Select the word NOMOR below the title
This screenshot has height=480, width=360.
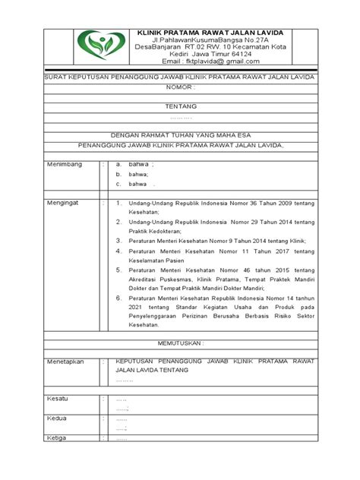click(x=180, y=89)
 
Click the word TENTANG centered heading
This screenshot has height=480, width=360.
click(x=180, y=108)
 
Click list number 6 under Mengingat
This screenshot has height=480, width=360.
click(x=118, y=298)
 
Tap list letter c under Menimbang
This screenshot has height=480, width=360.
click(x=118, y=184)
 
